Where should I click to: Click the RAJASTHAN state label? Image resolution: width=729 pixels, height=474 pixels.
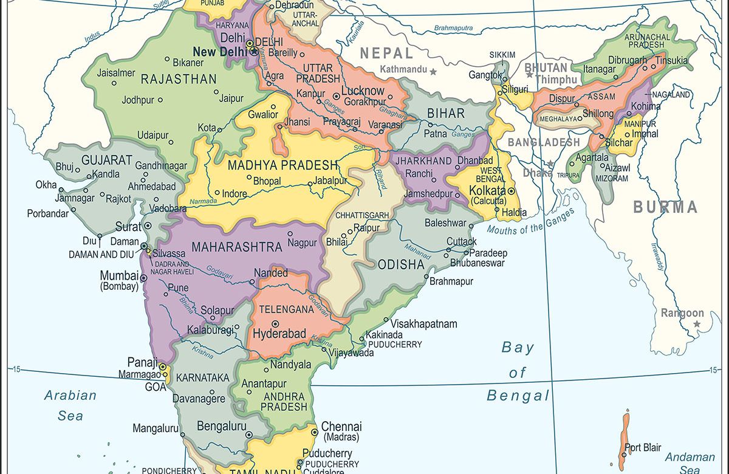pos(179,79)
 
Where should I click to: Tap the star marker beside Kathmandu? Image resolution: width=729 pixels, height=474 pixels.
pos(433,72)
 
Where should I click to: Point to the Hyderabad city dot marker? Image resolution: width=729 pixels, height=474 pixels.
pos(275,324)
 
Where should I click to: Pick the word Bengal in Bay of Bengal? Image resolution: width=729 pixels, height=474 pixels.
pos(518,396)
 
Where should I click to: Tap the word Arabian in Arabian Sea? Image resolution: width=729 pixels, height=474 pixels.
pos(70,396)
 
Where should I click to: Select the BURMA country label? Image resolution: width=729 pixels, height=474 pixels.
pos(665,207)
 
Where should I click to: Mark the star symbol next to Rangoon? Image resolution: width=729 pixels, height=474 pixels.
pos(697,324)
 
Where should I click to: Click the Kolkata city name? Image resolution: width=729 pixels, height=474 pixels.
pos(488,191)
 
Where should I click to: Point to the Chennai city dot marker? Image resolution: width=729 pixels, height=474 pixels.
pos(314,432)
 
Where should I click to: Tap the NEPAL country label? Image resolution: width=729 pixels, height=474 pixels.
pos(386,53)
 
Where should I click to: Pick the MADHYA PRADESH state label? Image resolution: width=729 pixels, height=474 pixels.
pos(282,165)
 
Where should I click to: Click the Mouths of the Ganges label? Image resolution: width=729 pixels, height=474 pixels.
pos(530,222)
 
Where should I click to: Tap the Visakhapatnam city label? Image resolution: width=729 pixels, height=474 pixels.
pos(423,324)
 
